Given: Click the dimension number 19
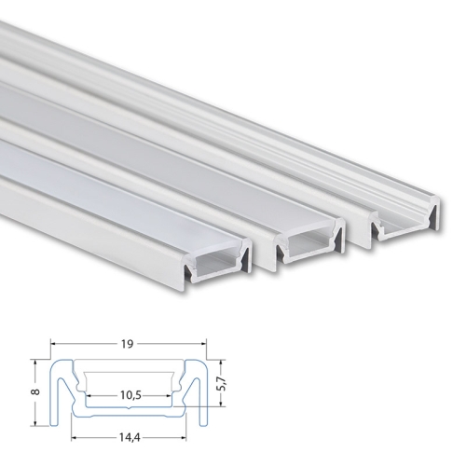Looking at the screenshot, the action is (x=128, y=344).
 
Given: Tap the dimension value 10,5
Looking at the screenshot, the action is (x=130, y=395).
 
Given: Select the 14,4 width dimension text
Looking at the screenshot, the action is (x=130, y=438).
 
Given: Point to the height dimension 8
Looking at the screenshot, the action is (x=36, y=392).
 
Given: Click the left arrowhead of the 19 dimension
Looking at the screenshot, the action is (x=53, y=344).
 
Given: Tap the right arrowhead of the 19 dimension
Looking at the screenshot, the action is (x=204, y=344).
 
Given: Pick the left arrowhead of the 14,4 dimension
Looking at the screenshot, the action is (x=74, y=438).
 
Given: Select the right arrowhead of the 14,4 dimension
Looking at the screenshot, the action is (x=184, y=438).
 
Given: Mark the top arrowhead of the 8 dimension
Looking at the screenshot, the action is (x=36, y=363).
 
